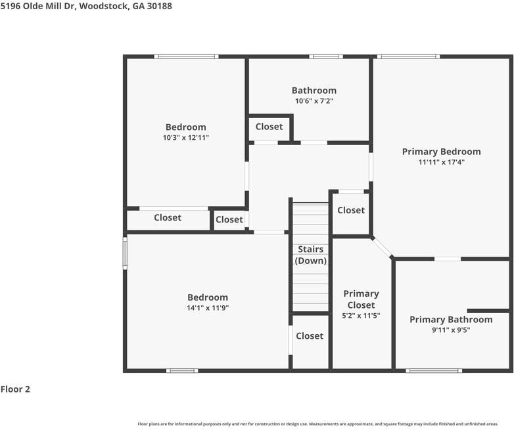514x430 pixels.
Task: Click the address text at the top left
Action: [x=86, y=6]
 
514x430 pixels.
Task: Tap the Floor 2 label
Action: [x=15, y=389]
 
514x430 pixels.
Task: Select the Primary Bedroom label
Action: [x=441, y=152]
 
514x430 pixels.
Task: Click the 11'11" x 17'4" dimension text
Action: [x=441, y=162]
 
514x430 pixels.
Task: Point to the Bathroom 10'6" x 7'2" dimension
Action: [x=314, y=101]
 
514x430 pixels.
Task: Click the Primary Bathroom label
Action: [x=450, y=320]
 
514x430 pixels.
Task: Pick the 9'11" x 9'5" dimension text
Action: [x=450, y=330]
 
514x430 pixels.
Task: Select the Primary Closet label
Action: [x=361, y=299]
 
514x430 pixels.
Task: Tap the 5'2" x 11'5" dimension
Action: [x=361, y=316]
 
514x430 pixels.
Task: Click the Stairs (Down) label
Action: [x=310, y=255]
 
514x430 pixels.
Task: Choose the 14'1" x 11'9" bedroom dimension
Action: [x=208, y=308]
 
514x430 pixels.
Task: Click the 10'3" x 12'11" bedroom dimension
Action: [x=185, y=138]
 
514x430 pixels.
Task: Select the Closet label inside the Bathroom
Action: [x=269, y=127]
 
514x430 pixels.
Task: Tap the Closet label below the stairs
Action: [x=310, y=336]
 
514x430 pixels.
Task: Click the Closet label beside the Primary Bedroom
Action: [x=351, y=210]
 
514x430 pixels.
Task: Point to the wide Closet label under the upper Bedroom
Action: [x=168, y=217]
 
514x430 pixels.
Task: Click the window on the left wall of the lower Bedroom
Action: [x=125, y=253]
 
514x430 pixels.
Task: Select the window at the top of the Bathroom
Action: [x=326, y=56]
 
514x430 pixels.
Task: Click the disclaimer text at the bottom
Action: [x=317, y=424]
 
